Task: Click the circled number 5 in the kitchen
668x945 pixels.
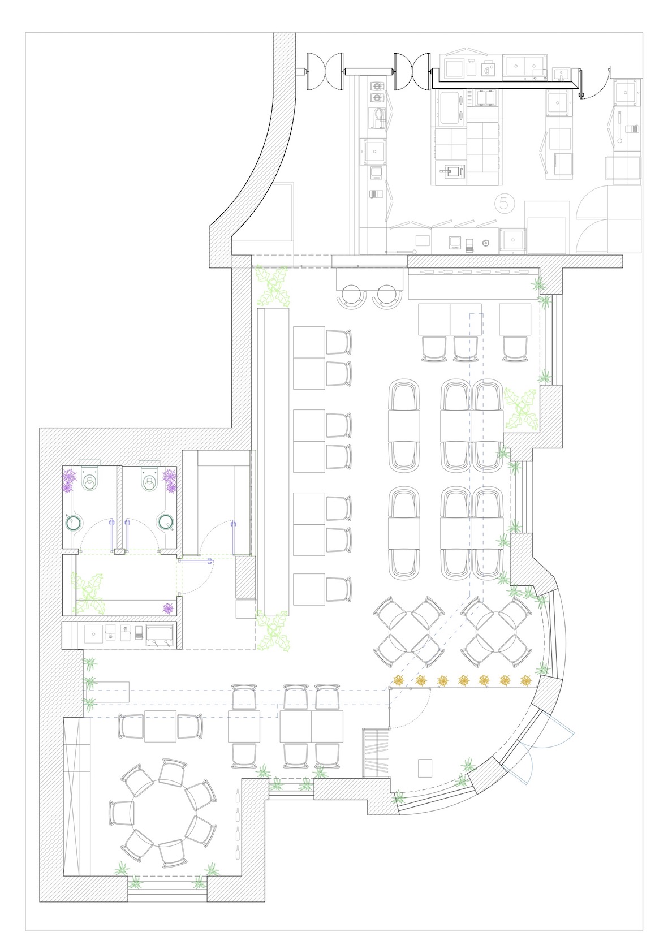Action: [505, 204]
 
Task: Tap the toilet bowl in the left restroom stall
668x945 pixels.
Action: [90, 481]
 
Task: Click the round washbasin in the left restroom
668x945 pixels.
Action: [74, 523]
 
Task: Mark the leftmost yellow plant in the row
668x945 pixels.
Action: [398, 680]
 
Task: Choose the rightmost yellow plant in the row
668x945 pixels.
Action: [526, 680]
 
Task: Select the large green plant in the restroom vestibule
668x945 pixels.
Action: [88, 593]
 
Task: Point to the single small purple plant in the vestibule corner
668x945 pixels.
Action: [168, 608]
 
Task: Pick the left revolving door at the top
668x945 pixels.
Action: [325, 71]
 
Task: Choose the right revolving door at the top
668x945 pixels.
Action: [412, 71]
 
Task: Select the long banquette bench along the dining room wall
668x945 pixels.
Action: [273, 462]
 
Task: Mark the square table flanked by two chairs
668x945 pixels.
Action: [160, 726]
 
